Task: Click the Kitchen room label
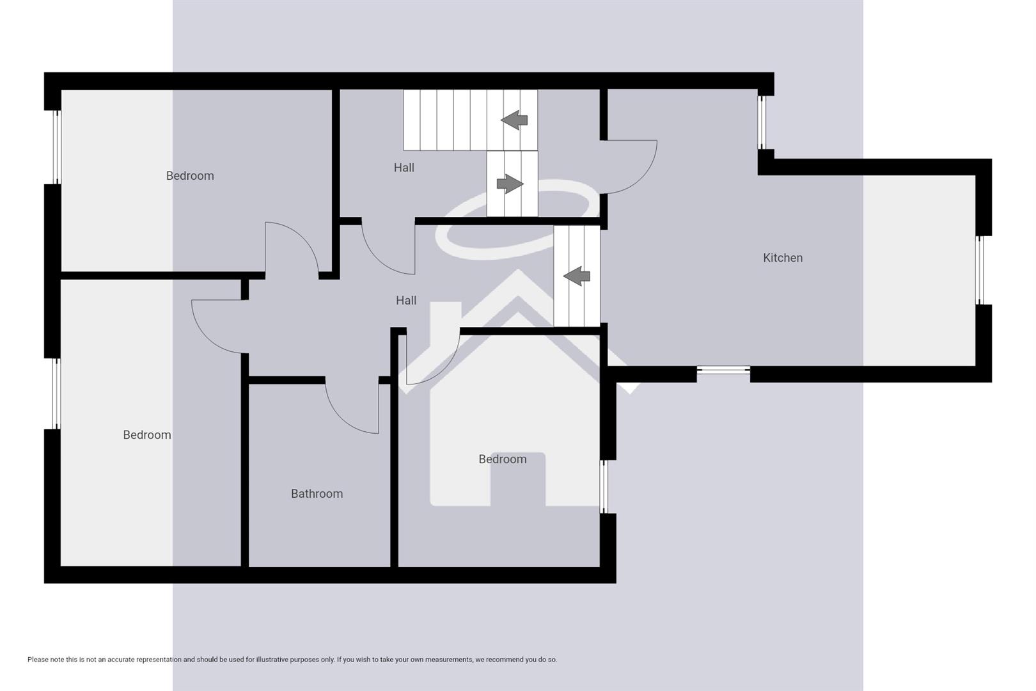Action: click(782, 258)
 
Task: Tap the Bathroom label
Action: click(317, 493)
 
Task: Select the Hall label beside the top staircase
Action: click(404, 168)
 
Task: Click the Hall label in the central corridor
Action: click(406, 300)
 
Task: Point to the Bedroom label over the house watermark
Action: click(503, 459)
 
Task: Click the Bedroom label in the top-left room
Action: click(190, 175)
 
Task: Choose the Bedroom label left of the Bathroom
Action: click(147, 434)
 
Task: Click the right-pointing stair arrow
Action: click(510, 184)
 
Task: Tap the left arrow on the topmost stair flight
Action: click(514, 120)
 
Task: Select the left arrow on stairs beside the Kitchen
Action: click(577, 276)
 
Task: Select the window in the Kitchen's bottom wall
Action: click(723, 370)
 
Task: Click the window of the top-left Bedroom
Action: click(57, 147)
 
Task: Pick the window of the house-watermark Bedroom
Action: click(604, 486)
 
